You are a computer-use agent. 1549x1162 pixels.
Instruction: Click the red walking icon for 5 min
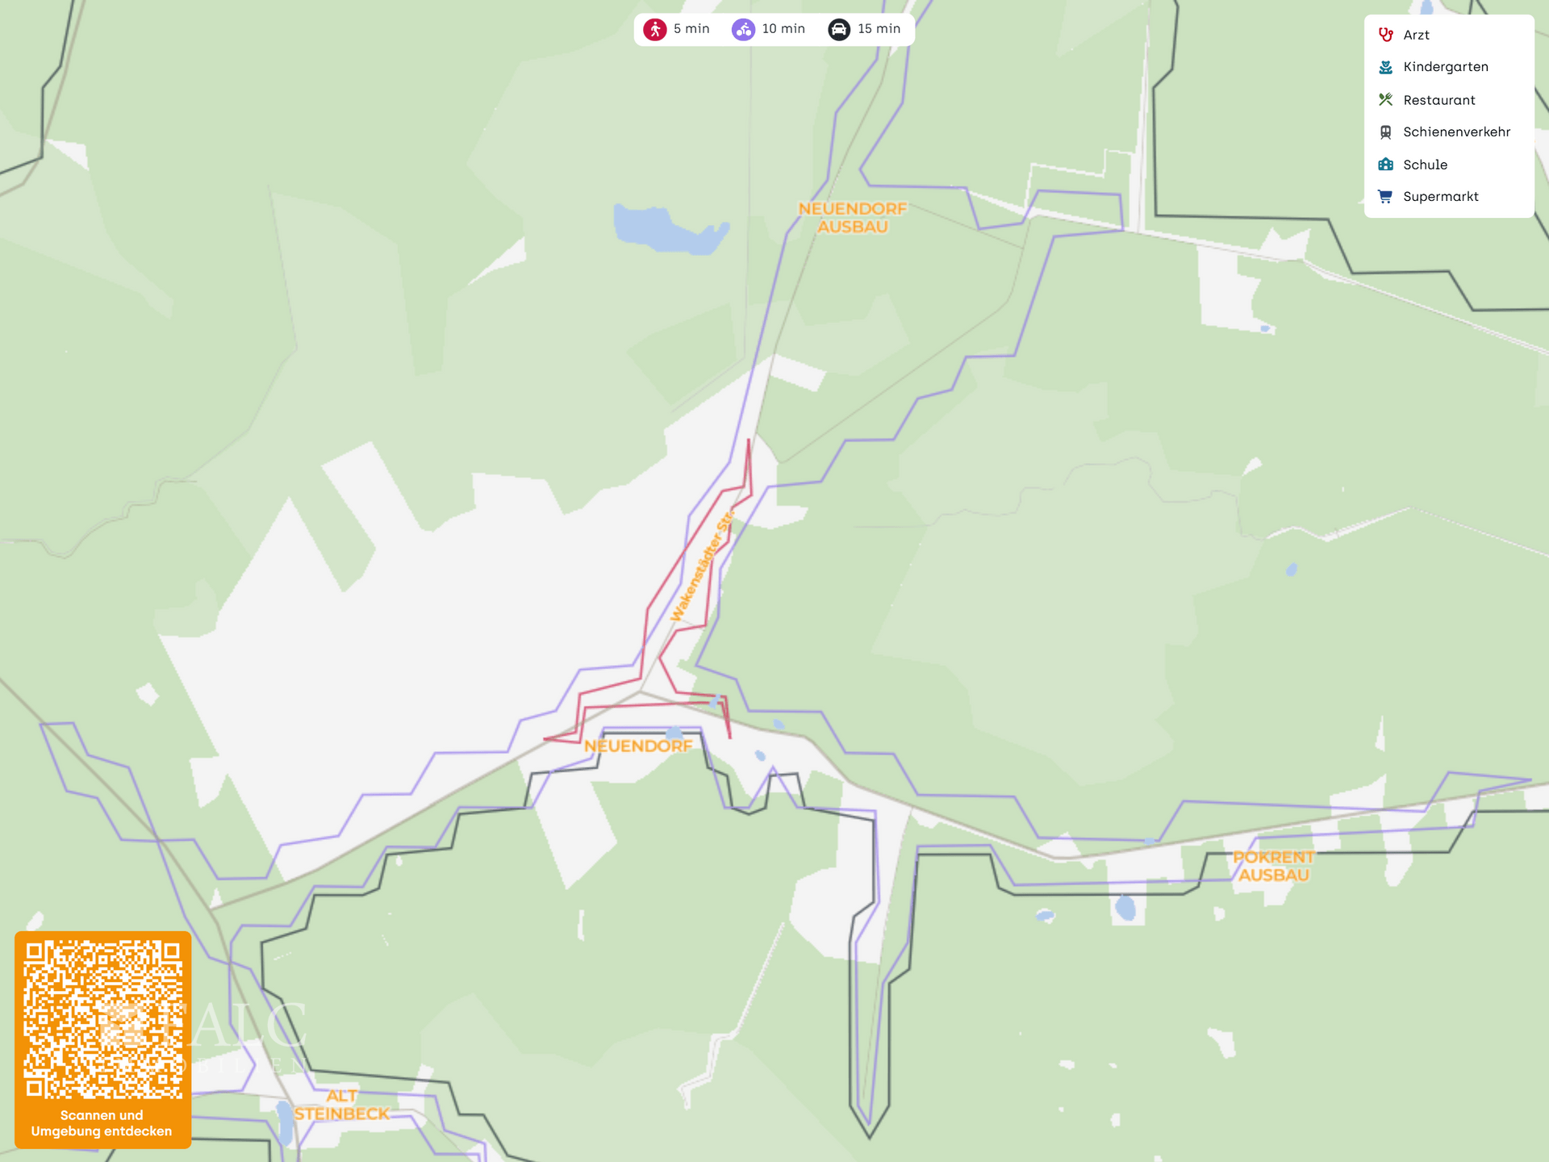655,30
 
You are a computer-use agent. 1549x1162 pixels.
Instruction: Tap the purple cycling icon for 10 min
743,30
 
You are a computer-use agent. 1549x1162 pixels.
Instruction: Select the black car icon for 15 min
839,30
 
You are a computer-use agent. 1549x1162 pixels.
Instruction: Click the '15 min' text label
879,29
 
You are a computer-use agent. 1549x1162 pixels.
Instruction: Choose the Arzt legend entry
1416,35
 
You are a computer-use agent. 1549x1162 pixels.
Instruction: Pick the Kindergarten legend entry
1445,67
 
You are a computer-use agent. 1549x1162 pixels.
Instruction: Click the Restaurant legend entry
1438,100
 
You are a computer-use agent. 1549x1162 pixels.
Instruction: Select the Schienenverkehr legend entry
1456,132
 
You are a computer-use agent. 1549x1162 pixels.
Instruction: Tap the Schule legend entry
1425,165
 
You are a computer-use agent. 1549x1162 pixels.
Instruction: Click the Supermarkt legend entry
1440,197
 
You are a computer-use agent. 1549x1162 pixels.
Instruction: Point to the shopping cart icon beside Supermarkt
1385,197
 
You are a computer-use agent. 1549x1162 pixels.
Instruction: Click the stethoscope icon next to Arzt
1385,35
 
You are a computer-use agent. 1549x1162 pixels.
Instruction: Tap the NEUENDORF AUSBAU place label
853,218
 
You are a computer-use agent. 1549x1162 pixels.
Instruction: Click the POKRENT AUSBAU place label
1273,866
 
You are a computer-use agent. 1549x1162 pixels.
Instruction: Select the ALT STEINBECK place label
341,1105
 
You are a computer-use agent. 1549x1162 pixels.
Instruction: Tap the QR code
102,1019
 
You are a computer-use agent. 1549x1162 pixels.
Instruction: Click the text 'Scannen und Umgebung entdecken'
102,1123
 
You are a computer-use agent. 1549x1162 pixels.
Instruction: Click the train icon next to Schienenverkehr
1385,132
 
